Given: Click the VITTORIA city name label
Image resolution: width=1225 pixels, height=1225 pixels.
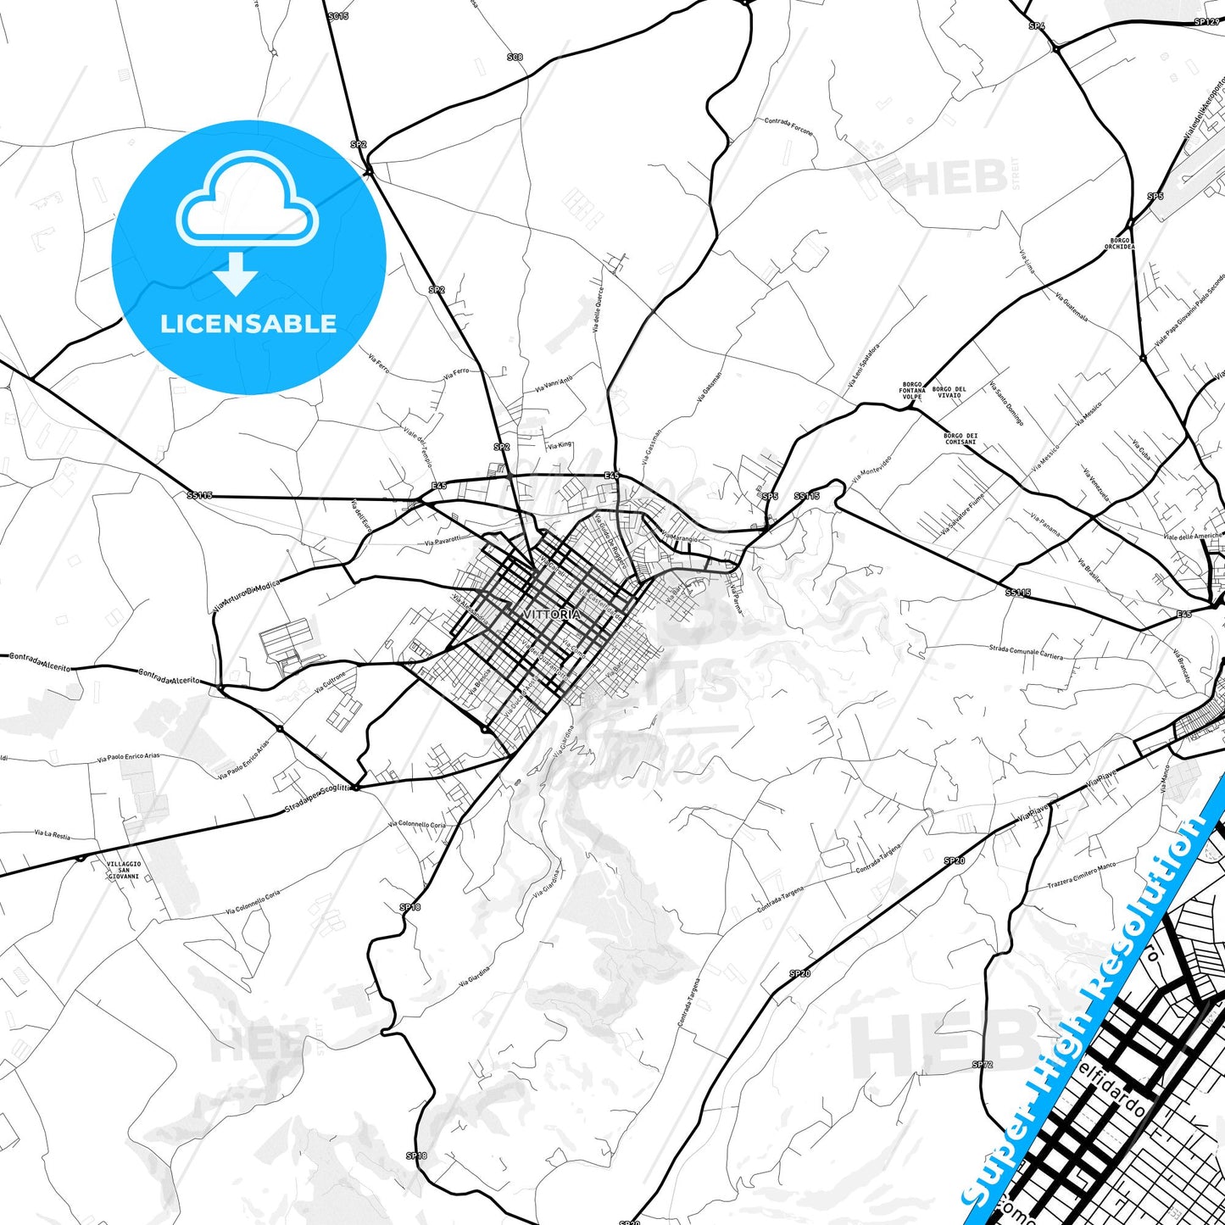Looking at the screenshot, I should pyautogui.click(x=553, y=614).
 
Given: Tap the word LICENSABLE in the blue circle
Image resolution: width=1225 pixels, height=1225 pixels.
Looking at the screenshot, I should pyautogui.click(x=248, y=324).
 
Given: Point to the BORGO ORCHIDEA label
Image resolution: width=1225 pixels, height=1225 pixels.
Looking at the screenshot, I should pyautogui.click(x=1119, y=244).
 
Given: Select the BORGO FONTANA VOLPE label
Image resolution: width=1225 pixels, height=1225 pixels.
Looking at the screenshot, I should pyautogui.click(x=912, y=391).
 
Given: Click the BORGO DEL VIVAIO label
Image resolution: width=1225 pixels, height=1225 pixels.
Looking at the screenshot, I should pyautogui.click(x=949, y=392).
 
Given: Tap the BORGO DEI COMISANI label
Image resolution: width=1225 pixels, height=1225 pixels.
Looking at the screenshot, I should pyautogui.click(x=961, y=439).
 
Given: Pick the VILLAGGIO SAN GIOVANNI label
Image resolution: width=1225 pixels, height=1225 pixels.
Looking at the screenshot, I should pyautogui.click(x=124, y=871).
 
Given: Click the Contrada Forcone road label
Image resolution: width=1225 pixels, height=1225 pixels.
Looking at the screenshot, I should pyautogui.click(x=788, y=126).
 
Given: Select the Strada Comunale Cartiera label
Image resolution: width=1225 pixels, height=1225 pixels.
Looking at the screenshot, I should pyautogui.click(x=1026, y=652).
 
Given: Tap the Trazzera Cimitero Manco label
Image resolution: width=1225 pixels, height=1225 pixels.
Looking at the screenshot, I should pyautogui.click(x=1083, y=875).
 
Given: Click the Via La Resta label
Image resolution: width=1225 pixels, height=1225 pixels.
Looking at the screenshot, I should pyautogui.click(x=53, y=835).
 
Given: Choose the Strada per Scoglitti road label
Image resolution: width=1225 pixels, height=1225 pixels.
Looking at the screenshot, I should pyautogui.click(x=316, y=801).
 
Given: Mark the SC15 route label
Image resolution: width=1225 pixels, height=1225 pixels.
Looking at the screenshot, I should pyautogui.click(x=337, y=16).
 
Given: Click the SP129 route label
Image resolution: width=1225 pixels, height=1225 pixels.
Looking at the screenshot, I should pyautogui.click(x=1206, y=21).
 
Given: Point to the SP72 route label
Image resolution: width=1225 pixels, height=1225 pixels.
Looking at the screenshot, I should pyautogui.click(x=982, y=1064).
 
